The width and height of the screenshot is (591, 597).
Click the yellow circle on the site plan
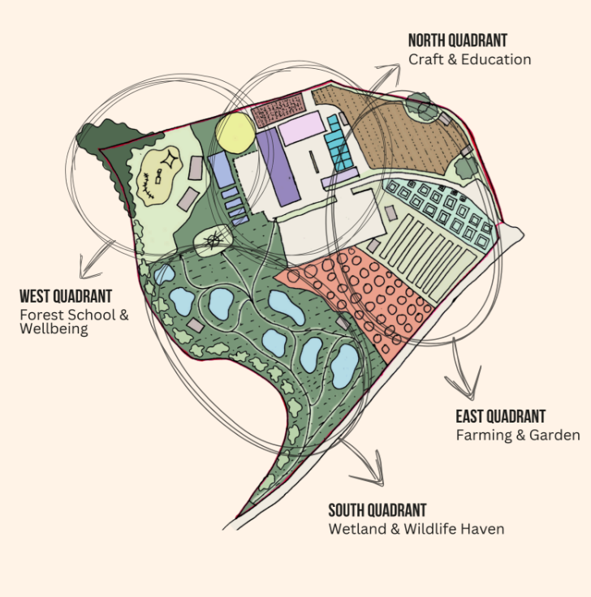coord(235,133)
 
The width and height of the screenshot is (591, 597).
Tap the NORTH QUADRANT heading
coord(457,41)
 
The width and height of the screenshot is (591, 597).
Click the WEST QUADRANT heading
coord(66,296)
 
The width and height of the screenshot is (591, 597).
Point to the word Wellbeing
coord(54,329)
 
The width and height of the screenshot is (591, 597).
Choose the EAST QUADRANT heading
coord(500,417)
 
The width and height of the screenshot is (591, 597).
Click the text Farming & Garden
coord(518,436)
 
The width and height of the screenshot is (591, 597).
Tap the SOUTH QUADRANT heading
coord(377,510)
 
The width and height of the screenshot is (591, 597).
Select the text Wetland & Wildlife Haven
coord(416,529)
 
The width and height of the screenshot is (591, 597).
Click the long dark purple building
coord(277,165)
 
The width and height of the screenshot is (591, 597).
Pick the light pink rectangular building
coord(300,129)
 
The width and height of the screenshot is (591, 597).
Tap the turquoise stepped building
coord(339,144)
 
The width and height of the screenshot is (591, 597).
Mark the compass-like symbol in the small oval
coord(213,240)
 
